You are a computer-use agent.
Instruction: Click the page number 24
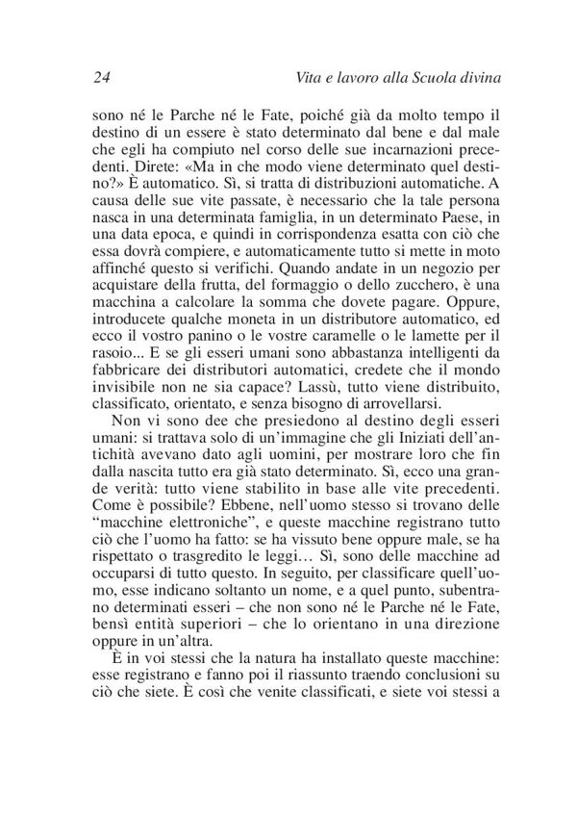point(103,76)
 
